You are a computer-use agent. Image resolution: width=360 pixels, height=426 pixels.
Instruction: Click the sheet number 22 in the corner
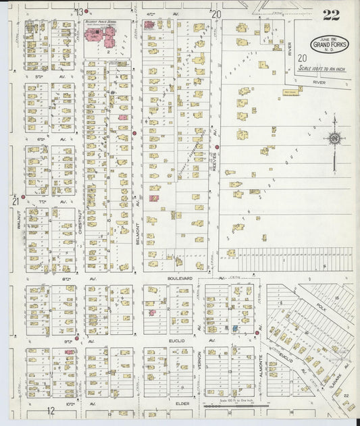(331, 15)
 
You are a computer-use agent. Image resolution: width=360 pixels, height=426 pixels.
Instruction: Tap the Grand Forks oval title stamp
(330, 45)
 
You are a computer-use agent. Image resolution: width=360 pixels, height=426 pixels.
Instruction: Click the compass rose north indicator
(334, 138)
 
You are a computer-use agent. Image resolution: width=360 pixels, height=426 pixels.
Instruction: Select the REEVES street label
(213, 161)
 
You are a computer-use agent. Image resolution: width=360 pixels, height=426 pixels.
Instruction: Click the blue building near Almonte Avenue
(234, 329)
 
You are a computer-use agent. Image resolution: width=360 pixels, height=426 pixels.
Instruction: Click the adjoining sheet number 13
(79, 12)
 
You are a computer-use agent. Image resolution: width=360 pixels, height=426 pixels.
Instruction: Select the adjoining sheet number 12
(50, 410)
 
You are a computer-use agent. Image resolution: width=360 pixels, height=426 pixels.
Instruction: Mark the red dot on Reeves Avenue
(217, 147)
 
